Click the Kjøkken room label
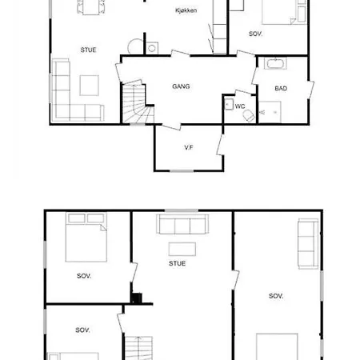[186, 10]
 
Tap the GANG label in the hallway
[181, 86]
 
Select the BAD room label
[281, 88]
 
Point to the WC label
[240, 106]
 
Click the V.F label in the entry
[189, 147]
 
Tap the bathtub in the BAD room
[275, 63]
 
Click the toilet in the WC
[249, 116]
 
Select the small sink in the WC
[229, 104]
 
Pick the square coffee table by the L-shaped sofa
[89, 86]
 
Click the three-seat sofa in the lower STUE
[182, 224]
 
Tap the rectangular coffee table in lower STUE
[182, 249]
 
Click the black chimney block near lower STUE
[137, 298]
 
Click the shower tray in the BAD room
[270, 112]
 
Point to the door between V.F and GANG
[171, 127]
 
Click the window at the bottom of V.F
[182, 170]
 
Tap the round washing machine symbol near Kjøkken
[152, 48]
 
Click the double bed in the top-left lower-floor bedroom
[86, 237]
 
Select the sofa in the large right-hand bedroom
[308, 243]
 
